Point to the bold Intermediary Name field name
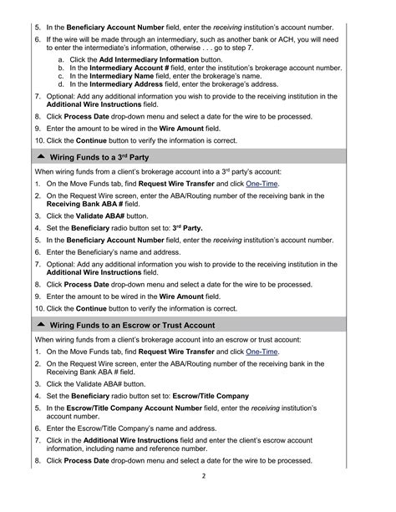(129, 75)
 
